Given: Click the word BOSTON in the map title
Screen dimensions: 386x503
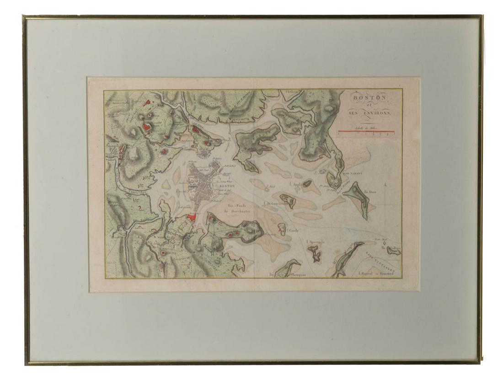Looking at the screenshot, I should (x=369, y=98).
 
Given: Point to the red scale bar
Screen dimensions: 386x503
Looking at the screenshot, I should (x=366, y=131).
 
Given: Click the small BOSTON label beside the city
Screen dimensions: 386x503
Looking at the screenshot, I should (x=227, y=187).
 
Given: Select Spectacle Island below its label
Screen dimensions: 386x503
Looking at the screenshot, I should (x=314, y=253).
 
